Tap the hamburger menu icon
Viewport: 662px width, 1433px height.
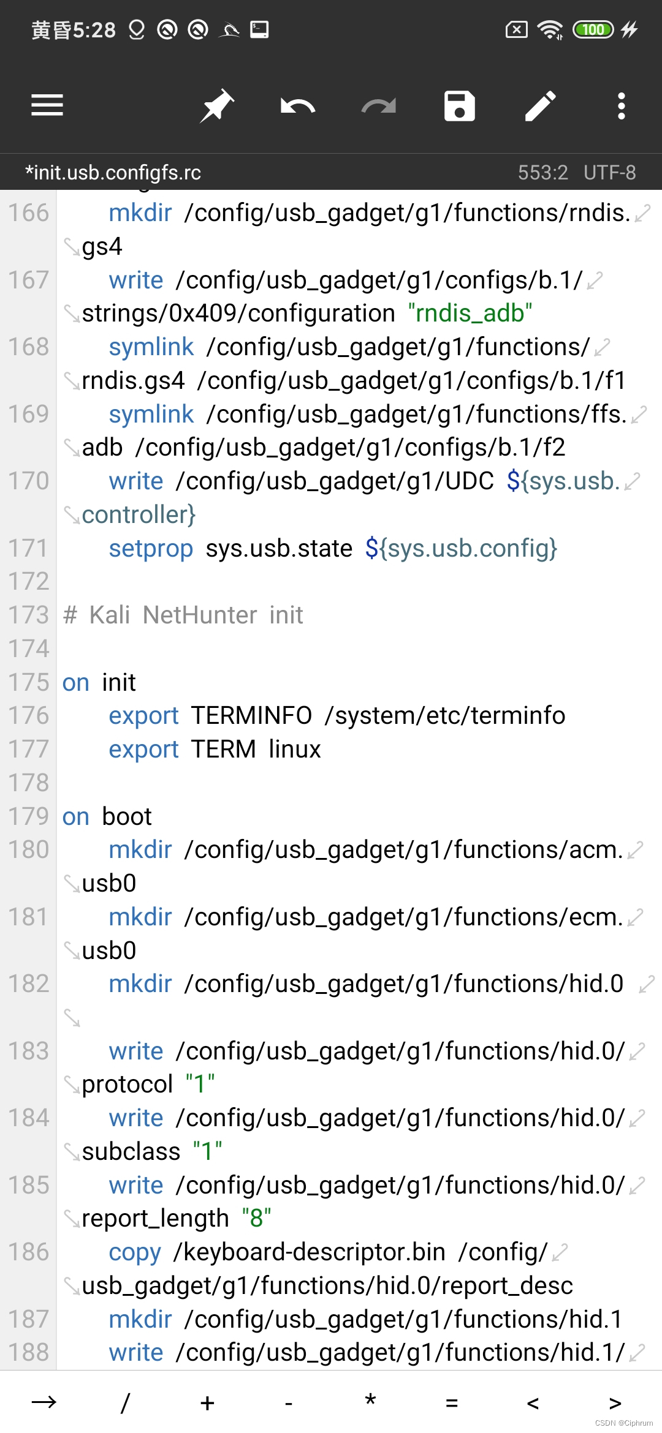pos(47,105)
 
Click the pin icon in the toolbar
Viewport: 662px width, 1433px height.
pos(217,106)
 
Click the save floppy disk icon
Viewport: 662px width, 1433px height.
pos(459,106)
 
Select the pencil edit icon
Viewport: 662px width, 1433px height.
pos(540,106)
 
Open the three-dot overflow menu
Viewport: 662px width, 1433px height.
pos(621,106)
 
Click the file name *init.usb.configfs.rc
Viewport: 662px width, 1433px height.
pos(113,173)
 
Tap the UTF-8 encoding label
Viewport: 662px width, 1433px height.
pos(609,173)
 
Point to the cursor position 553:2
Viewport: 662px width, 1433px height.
pos(543,173)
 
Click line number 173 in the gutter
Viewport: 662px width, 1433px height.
pos(28,615)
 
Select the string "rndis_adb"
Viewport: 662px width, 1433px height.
pos(470,314)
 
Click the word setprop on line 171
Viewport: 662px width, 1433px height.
pos(151,548)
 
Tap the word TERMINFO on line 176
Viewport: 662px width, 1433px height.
pos(251,715)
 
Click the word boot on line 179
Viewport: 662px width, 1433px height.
pos(126,816)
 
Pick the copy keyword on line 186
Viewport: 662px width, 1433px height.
pos(135,1252)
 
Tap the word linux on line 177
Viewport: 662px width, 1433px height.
pos(294,749)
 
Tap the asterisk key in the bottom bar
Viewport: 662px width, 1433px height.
pos(370,1402)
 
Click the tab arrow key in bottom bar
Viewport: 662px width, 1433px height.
pos(44,1402)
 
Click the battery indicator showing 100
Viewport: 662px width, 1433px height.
pos(593,29)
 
